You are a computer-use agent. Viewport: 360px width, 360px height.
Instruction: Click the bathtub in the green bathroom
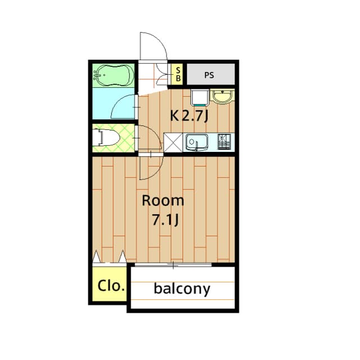pyautogui.click(x=113, y=74)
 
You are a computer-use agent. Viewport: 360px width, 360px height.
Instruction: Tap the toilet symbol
pyautogui.click(x=107, y=137)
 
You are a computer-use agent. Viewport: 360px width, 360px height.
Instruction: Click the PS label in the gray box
pyautogui.click(x=209, y=74)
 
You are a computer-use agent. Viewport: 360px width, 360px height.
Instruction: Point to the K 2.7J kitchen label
pyautogui.click(x=190, y=116)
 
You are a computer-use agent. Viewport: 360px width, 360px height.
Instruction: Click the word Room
pyautogui.click(x=163, y=200)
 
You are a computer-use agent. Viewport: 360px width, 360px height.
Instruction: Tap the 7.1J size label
pyautogui.click(x=165, y=219)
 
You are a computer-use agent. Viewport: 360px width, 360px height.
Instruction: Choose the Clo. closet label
pyautogui.click(x=110, y=285)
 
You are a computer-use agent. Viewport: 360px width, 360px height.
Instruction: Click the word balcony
pyautogui.click(x=182, y=289)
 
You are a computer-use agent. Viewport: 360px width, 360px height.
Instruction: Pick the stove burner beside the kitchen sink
pyautogui.click(x=224, y=142)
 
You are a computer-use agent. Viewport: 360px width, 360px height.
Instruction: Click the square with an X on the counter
pyautogui.click(x=172, y=143)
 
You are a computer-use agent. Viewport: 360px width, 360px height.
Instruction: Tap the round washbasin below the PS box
pyautogui.click(x=223, y=97)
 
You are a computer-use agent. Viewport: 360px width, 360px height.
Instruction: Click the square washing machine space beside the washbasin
pyautogui.click(x=199, y=97)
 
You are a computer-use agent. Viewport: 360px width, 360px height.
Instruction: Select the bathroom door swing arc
pyautogui.click(x=125, y=107)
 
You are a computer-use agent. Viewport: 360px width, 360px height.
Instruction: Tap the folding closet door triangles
pyautogui.click(x=110, y=256)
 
